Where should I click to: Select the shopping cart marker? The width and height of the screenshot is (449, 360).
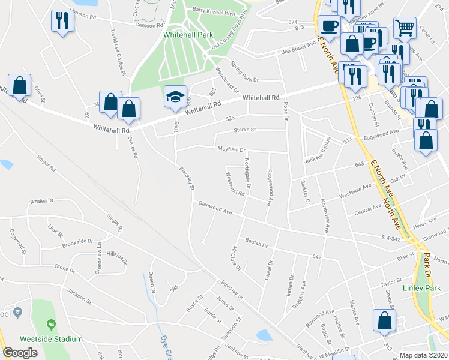[x=405, y=27]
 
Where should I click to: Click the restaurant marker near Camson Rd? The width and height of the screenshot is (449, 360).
[x=62, y=21]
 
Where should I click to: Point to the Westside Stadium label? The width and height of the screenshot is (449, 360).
[x=52, y=339]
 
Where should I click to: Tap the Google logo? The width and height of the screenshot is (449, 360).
[x=20, y=353]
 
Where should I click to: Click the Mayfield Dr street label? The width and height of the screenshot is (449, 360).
[x=231, y=150]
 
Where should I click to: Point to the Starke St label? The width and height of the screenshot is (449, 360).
[x=244, y=130]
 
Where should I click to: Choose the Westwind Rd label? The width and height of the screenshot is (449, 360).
[x=234, y=185]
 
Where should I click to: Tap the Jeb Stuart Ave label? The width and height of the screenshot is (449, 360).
[x=299, y=47]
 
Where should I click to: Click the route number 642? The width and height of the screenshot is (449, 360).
[x=318, y=257]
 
